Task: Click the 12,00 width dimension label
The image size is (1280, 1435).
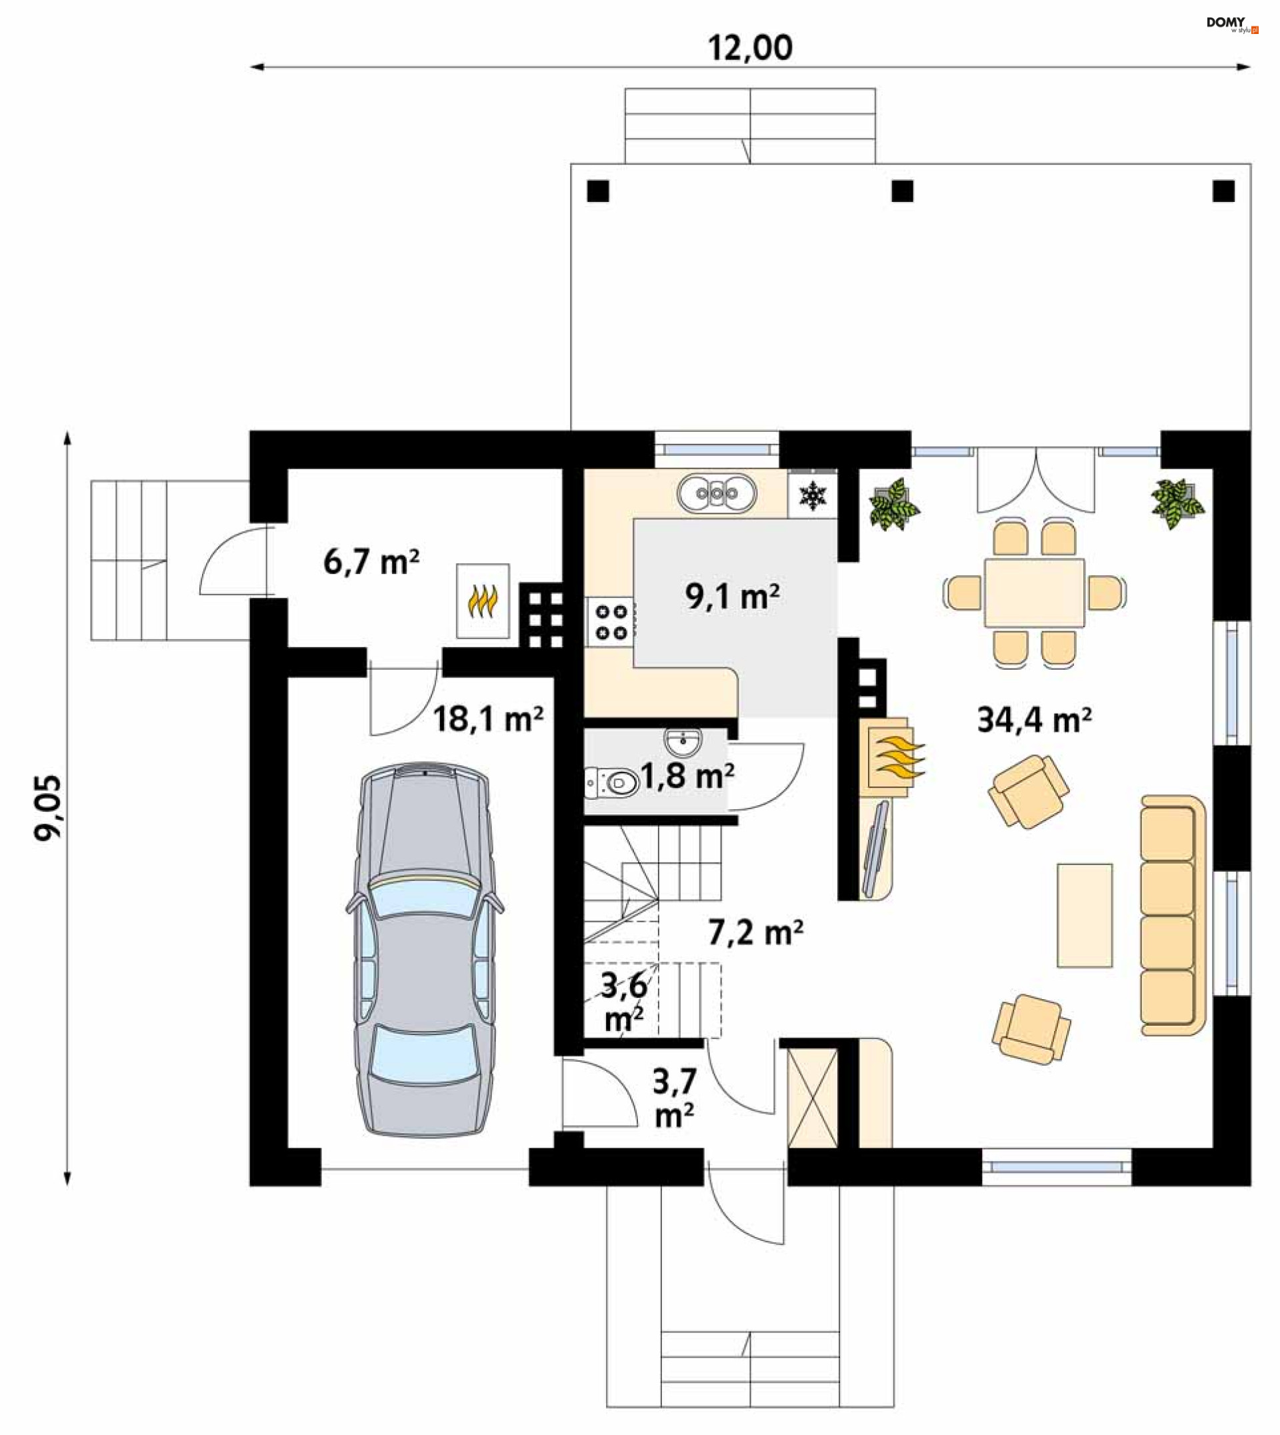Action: coord(750,47)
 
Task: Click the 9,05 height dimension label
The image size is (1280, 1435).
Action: coord(48,808)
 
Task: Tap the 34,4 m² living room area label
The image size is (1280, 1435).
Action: coord(1034,720)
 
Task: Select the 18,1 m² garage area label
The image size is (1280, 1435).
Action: coord(488,718)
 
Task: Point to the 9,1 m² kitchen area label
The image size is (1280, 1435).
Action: coord(732,597)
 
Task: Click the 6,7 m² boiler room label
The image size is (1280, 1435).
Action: coord(371,562)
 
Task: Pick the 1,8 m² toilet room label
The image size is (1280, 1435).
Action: coord(687,776)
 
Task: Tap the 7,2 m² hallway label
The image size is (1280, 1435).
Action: coord(755,932)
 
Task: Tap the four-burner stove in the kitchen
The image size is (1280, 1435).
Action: coord(611,623)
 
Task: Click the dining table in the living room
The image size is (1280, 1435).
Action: coord(1034,593)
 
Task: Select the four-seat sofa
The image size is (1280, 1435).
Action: coord(1172,915)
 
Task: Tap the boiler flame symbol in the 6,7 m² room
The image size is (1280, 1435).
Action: coord(483,601)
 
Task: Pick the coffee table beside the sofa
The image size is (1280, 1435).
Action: coord(1085,915)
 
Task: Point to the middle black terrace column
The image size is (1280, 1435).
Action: coord(902,191)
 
